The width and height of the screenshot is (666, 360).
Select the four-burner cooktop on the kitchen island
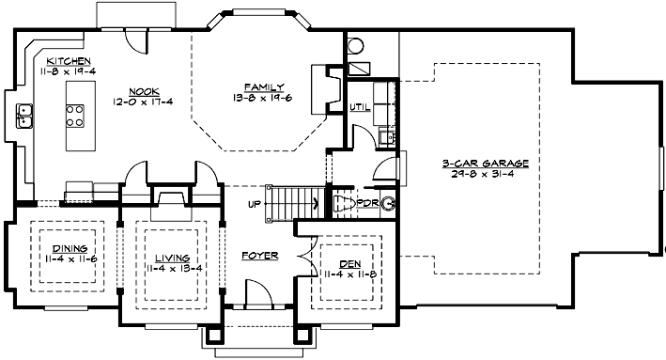(72, 116)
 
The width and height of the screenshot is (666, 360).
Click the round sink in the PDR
(386, 203)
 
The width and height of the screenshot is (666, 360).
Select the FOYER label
(258, 256)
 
